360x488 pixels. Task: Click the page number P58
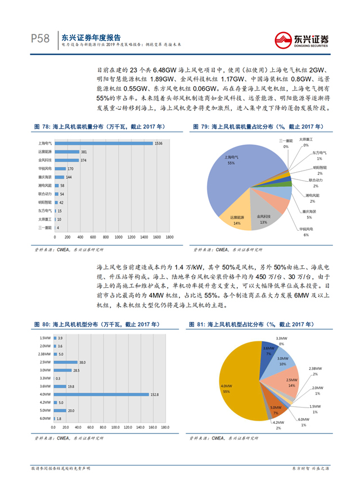40,39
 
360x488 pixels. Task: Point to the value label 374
83,160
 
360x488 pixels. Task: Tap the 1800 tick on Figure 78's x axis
168,237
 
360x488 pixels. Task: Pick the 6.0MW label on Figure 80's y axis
46,419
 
